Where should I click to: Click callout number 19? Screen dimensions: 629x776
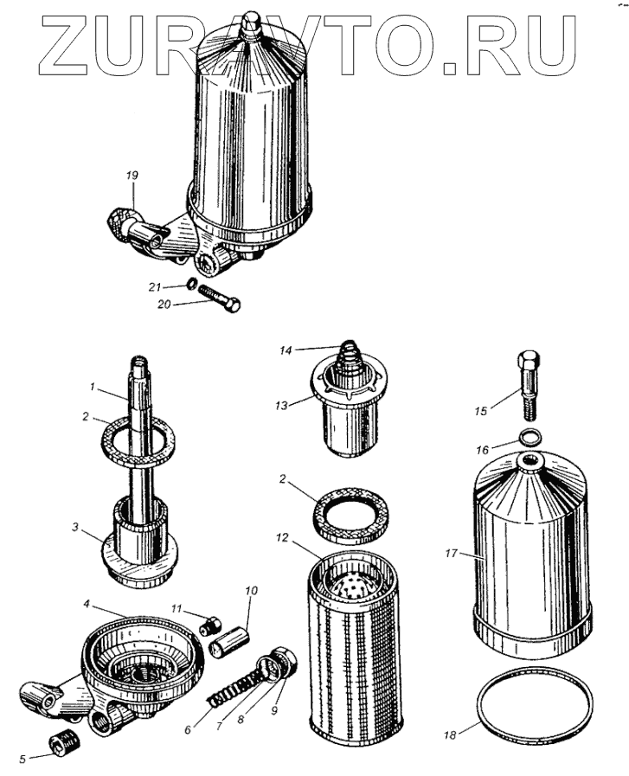[x=131, y=176]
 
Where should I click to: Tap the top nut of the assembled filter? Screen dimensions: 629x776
[x=250, y=23]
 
